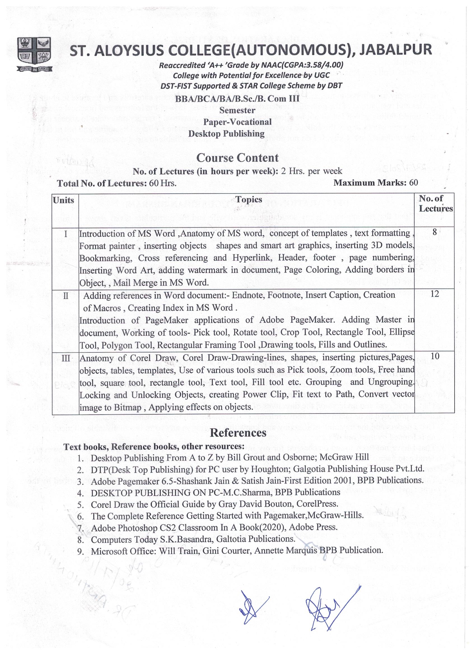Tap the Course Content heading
(x=237, y=158)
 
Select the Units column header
(x=64, y=200)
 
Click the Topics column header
(x=249, y=199)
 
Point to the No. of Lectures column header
(x=435, y=203)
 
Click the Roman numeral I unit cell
(x=66, y=234)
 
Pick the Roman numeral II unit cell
(x=66, y=296)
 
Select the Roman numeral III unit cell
(x=66, y=358)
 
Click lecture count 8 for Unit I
(x=435, y=232)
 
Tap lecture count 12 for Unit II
(x=435, y=294)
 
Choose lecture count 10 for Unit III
(x=435, y=356)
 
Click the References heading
(x=238, y=432)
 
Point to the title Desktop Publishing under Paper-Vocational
(x=226, y=134)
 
